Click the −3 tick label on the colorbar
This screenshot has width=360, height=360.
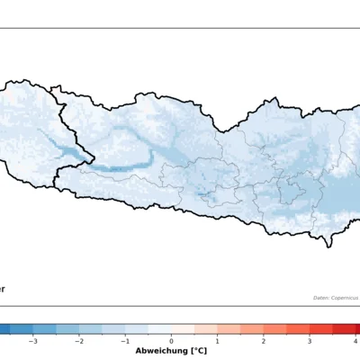point(33,342)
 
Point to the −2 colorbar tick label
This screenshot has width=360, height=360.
point(79,342)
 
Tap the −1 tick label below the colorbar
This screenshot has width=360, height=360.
point(125,342)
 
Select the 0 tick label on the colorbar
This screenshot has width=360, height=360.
point(172,342)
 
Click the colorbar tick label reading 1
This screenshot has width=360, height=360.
point(217,342)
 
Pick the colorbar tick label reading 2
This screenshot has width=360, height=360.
point(263,342)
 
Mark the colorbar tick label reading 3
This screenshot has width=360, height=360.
point(309,342)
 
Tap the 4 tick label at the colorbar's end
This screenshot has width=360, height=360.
point(355,342)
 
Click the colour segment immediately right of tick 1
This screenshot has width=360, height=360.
point(228,329)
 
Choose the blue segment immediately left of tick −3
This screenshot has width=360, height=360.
point(22,329)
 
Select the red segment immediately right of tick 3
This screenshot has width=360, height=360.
point(320,329)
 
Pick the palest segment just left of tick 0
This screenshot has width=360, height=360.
point(160,329)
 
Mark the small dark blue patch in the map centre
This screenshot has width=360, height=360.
point(204,193)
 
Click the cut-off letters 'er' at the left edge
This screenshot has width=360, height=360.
point(3,289)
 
